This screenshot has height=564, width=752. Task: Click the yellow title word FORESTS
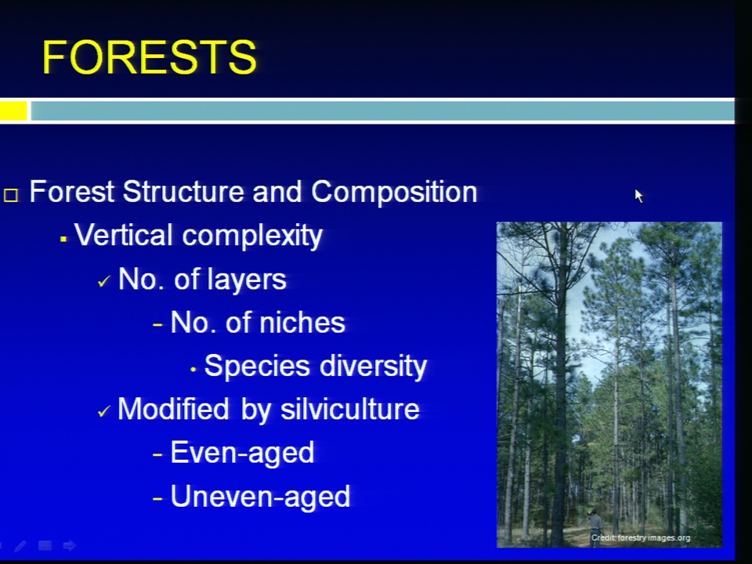point(150,57)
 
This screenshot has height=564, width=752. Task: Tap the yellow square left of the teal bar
point(13,110)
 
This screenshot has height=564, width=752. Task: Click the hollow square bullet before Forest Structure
point(11,195)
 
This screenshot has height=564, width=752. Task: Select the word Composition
point(394,193)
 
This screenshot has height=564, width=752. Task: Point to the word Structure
point(184,192)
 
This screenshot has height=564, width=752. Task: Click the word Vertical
point(123,235)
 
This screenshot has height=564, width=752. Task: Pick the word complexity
point(252,237)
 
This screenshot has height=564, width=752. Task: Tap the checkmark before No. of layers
point(103,281)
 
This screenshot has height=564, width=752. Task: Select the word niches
point(302,322)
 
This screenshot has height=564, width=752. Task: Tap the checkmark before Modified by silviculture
point(103,411)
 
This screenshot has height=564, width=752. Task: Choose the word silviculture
point(349,409)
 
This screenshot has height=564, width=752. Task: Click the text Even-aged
point(242,453)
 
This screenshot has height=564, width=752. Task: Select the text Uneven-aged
point(260,496)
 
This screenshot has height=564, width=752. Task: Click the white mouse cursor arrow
point(639,196)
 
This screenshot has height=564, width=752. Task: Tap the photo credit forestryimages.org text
point(641,537)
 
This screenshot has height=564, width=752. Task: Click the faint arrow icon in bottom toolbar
point(70,545)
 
